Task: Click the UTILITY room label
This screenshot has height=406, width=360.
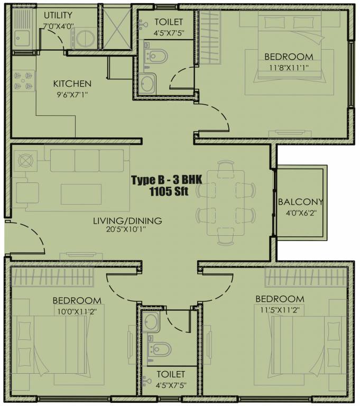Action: (58, 15)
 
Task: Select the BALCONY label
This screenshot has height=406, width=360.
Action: (300, 202)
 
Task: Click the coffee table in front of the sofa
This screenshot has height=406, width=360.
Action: (81, 193)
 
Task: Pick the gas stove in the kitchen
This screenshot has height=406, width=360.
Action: (22, 82)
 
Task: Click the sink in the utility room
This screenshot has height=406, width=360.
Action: (22, 38)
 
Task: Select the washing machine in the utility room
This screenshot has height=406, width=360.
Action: (84, 38)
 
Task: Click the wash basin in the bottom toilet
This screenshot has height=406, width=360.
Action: (151, 321)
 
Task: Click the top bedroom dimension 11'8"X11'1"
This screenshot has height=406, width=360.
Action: (289, 68)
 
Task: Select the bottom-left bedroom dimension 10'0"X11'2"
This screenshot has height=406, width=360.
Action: (77, 311)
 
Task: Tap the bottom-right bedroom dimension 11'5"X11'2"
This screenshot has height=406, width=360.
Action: (280, 310)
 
